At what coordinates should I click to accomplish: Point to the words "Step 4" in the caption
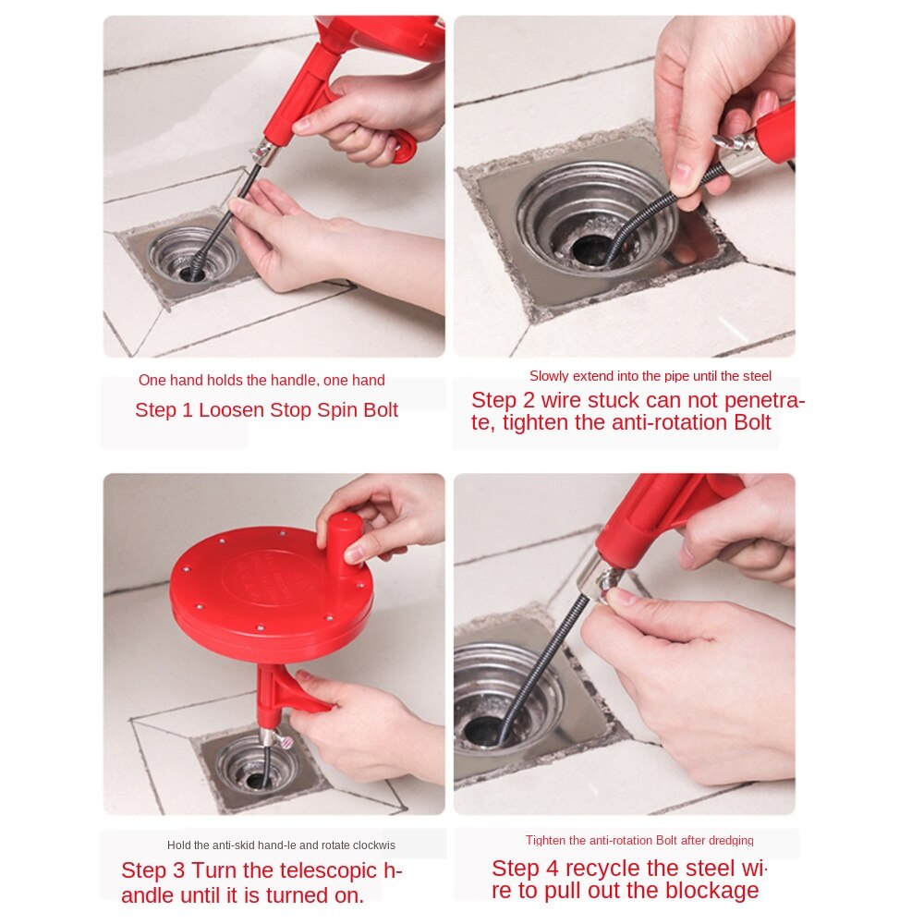(524, 869)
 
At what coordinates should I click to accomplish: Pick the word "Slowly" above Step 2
(549, 376)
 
